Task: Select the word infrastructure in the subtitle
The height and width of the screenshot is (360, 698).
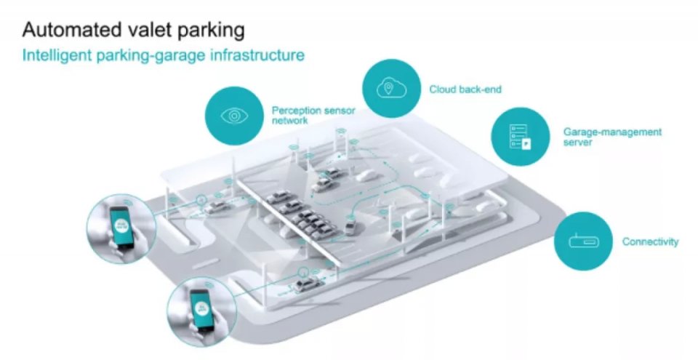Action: click(x=255, y=55)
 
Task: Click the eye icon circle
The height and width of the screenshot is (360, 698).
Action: click(x=234, y=116)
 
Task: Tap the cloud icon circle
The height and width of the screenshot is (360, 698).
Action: click(x=390, y=89)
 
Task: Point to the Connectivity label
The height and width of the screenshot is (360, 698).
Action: click(x=650, y=241)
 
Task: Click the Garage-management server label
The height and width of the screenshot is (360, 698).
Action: click(x=612, y=137)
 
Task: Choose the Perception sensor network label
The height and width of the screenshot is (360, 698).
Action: click(x=305, y=116)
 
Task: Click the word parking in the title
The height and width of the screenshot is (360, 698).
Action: click(x=209, y=31)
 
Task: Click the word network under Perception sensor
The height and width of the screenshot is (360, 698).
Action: click(x=289, y=121)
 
